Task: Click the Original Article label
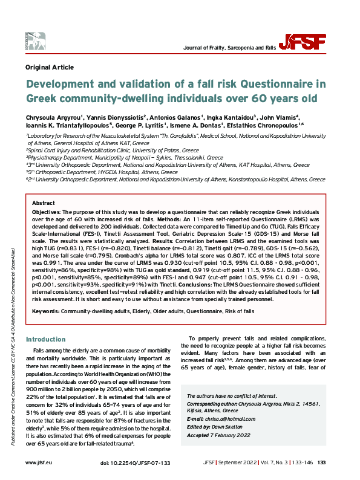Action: point(50,67)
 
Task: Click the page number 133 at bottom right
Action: point(321,462)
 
